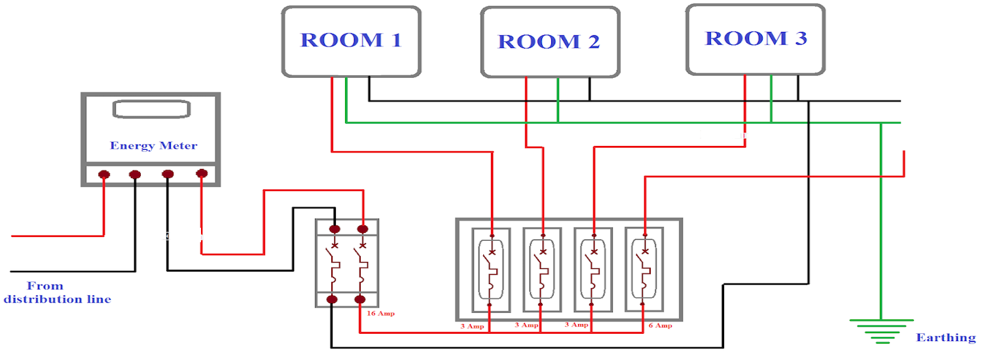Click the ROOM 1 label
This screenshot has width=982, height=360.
[351, 40]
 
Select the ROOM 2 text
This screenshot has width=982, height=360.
[549, 42]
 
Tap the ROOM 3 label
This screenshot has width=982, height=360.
[755, 39]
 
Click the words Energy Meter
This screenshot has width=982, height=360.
[153, 145]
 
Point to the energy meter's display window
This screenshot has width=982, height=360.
[150, 109]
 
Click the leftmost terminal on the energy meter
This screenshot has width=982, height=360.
[103, 175]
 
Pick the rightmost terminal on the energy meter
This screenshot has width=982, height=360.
[202, 173]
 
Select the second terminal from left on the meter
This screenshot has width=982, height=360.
[135, 175]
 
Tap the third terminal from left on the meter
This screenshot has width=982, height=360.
[168, 174]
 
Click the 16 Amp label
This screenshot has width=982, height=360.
[380, 314]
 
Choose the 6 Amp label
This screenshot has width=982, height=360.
[660, 325]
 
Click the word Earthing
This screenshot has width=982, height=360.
[945, 338]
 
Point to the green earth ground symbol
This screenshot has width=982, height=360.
[881, 331]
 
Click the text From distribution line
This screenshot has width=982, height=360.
[58, 293]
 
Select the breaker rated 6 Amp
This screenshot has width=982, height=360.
[645, 269]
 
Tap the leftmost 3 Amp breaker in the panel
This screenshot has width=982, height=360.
[490, 269]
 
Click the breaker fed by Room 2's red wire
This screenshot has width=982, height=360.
[542, 269]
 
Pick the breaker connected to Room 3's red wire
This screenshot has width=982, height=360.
[593, 269]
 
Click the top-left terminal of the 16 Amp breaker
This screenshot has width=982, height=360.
[335, 229]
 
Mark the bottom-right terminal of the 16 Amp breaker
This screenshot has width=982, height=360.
[360, 300]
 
